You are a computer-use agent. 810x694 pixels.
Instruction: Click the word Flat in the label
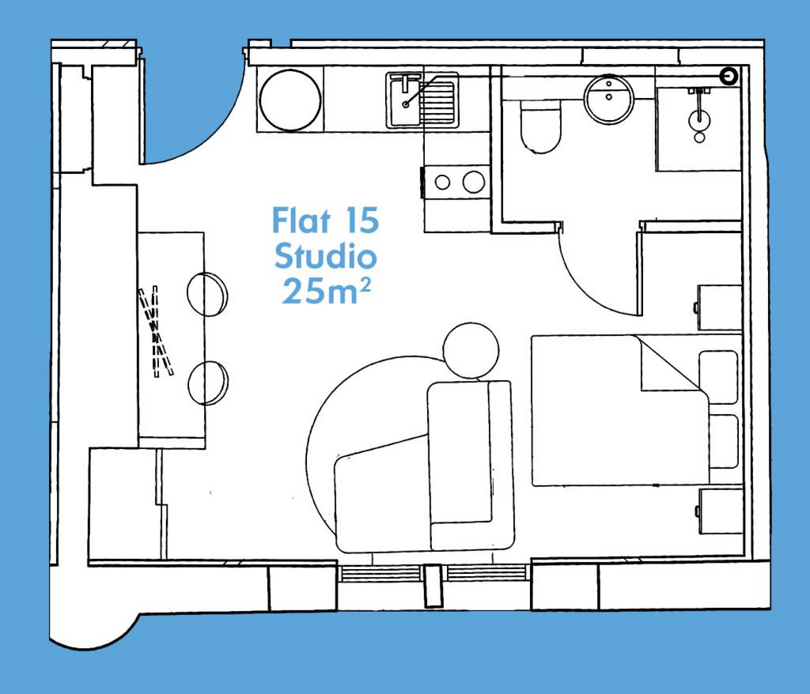coord(301,220)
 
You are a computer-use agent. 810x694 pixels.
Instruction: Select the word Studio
coord(325,256)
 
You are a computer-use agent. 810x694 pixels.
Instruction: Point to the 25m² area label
coord(326,291)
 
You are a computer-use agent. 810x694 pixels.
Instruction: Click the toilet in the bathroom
coord(540,126)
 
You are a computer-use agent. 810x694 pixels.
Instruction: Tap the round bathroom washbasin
coord(609,99)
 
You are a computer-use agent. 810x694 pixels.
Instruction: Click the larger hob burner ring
coord(474,182)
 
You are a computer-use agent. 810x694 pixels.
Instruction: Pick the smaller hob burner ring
coord(443,182)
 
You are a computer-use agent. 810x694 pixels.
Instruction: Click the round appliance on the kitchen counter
coord(290,100)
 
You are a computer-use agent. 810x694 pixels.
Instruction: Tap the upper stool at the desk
coord(207,293)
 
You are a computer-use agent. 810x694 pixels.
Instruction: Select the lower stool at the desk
coord(208,383)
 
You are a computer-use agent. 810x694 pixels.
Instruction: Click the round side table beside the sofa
coord(471,351)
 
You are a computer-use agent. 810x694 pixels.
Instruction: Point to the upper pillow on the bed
coord(718,377)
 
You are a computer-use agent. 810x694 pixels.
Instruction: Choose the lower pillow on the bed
coord(723,442)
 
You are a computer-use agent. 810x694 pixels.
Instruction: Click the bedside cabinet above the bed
coord(720,307)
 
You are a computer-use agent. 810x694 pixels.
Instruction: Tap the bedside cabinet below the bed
coord(720,511)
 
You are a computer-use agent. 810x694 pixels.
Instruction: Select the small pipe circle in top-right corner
coord(729,77)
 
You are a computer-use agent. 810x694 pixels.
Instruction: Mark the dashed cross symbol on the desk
coord(156,331)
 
